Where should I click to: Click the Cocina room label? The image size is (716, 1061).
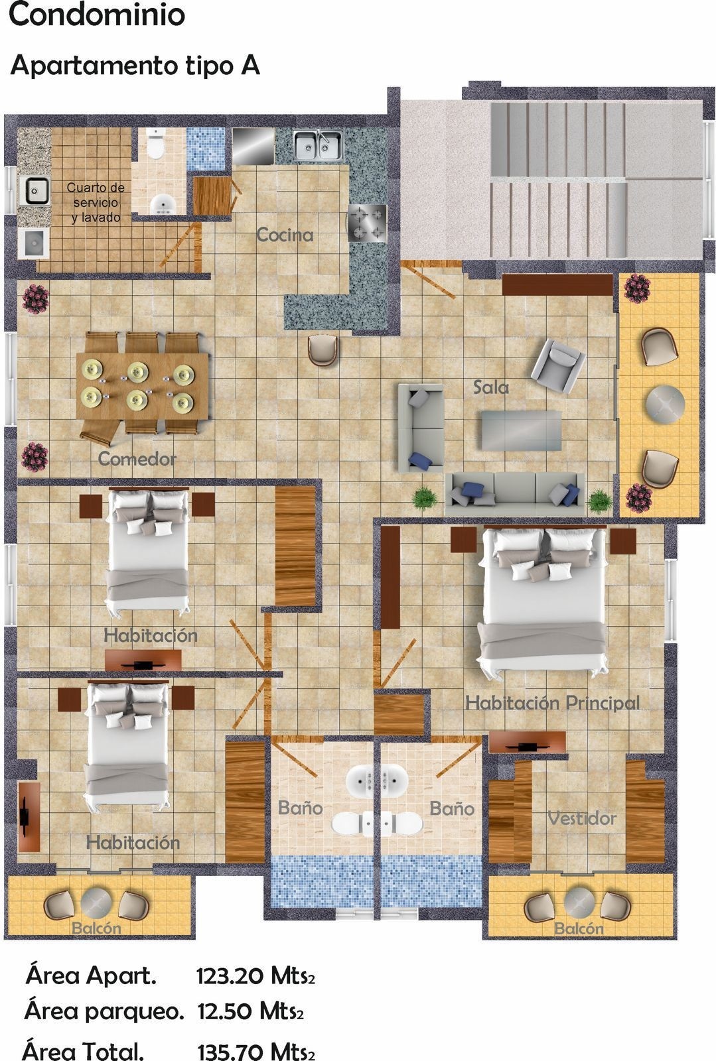[285, 235]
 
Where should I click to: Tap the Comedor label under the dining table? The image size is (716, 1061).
[137, 458]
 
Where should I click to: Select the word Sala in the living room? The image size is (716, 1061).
[491, 387]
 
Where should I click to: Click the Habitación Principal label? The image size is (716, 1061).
[553, 702]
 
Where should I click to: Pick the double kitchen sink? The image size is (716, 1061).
[317, 145]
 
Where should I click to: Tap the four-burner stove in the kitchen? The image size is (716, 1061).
[367, 223]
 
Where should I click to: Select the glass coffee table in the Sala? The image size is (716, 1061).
[522, 430]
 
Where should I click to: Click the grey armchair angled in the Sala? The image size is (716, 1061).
[557, 365]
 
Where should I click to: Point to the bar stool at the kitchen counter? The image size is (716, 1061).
[322, 349]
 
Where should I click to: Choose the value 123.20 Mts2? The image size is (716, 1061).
[256, 975]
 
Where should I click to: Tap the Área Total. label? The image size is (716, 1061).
[84, 1050]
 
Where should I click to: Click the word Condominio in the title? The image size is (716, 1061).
[97, 15]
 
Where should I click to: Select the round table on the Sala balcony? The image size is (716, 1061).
[665, 404]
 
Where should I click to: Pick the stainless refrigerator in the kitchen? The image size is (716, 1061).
[253, 146]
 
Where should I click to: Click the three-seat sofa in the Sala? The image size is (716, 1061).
[515, 493]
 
